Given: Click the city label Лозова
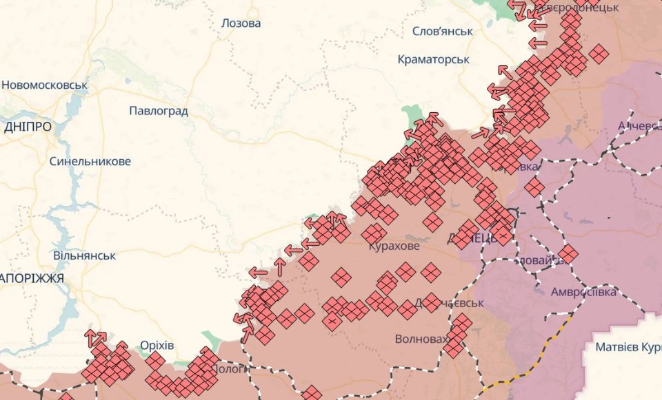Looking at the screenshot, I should click(x=241, y=23).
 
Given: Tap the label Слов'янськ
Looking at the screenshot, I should click(x=442, y=32).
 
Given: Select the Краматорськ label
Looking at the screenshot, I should click(x=434, y=60).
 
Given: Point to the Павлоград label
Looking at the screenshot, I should click(x=159, y=111).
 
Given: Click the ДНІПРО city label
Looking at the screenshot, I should click(x=28, y=127).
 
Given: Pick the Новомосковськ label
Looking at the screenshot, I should click(x=45, y=85).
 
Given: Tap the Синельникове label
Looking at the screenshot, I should click(x=90, y=162).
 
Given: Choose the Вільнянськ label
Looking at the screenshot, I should click(x=84, y=255).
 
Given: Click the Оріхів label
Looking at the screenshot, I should click(x=157, y=345).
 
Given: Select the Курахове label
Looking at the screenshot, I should click(x=394, y=246).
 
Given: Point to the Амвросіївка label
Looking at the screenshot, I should click(x=583, y=292).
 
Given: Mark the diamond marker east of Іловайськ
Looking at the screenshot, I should click(x=568, y=254).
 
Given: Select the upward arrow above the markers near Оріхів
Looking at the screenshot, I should click(x=91, y=337).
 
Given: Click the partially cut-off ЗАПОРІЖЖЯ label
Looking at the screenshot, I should click(x=32, y=279).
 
